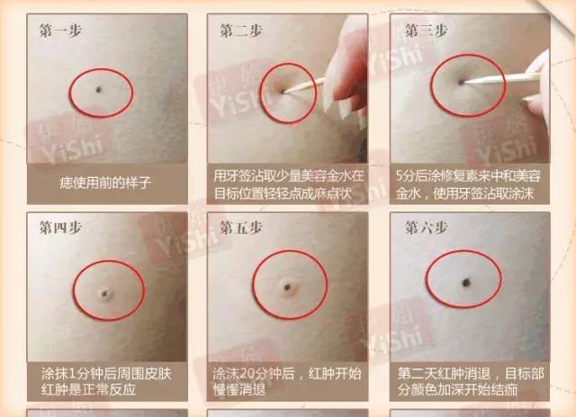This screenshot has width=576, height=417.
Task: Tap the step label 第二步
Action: [x=240, y=30]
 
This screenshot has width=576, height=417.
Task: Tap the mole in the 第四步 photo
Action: [x=103, y=291]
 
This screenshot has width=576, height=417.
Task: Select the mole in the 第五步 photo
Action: [x=287, y=288]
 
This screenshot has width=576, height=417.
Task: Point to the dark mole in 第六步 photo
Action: [x=467, y=282]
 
